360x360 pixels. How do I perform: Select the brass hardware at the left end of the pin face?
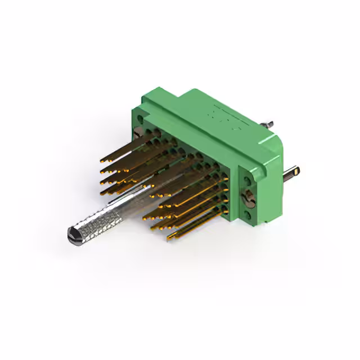pos(139,134)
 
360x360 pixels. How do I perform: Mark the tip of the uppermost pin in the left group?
pos(103,152)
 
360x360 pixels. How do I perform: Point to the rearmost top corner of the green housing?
pos(196,89)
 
